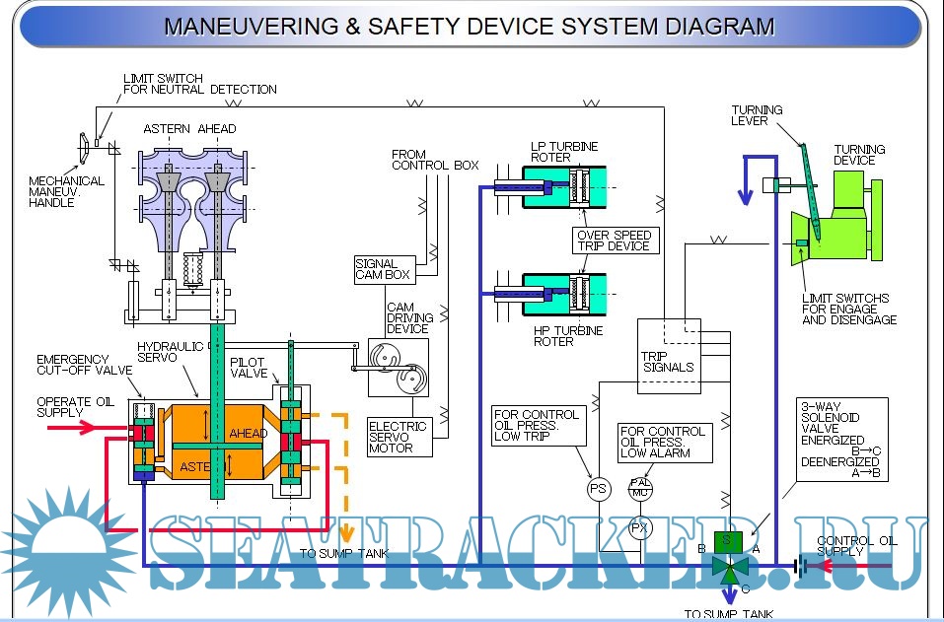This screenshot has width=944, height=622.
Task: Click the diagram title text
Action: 469,27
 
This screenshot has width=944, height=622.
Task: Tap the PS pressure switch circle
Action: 599,488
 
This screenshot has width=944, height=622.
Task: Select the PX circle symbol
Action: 639,528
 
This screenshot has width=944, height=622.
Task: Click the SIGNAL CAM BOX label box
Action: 382,269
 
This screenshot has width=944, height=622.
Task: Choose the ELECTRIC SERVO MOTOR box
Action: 398,437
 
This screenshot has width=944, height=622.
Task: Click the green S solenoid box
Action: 728,539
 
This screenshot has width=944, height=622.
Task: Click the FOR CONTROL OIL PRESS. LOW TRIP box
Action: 538,427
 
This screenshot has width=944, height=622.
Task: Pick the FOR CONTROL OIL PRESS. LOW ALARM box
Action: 663,443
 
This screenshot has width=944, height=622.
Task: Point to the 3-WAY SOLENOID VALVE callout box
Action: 841,440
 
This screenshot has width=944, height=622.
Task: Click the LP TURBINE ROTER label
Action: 564,152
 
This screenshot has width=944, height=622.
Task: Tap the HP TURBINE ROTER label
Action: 567,336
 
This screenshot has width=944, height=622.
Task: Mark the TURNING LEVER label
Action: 757,115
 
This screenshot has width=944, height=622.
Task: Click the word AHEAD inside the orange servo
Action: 248,433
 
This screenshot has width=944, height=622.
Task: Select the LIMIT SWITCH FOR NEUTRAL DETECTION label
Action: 199,84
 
